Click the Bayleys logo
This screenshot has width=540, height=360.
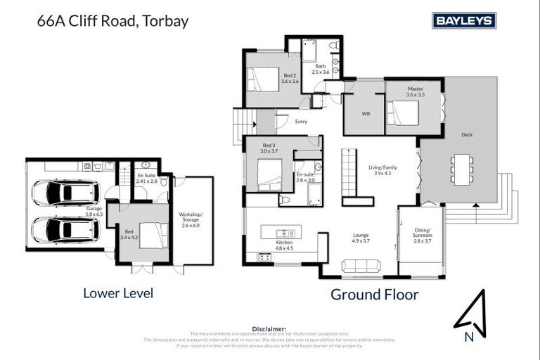[x=464, y=20]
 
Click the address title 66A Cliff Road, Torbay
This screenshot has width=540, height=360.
[x=112, y=20]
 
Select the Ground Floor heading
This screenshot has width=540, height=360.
[x=374, y=294]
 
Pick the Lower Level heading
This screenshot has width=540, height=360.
[x=118, y=292]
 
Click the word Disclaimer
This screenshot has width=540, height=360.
[x=269, y=328]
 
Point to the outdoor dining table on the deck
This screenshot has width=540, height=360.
[x=461, y=169]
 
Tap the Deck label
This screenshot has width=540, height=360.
[x=467, y=134]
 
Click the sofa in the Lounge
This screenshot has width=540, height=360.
[x=360, y=265]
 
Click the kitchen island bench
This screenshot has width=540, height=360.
[x=281, y=231]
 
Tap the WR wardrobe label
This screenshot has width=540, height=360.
[x=365, y=113]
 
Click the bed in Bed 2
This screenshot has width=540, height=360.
[x=262, y=79]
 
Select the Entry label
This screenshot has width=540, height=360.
[x=301, y=122]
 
